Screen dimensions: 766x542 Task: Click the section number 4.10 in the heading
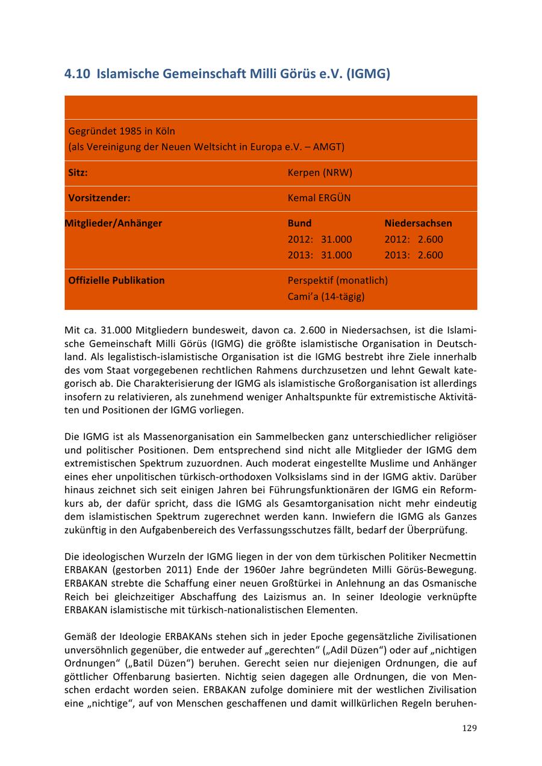[77, 74]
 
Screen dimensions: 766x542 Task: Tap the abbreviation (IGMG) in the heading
[369, 74]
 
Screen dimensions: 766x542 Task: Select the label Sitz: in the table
[78, 173]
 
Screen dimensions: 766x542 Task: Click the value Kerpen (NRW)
[320, 173]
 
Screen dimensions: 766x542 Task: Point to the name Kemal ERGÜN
[319, 198]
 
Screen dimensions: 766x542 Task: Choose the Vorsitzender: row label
[99, 198]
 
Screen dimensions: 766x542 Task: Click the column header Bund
[299, 223]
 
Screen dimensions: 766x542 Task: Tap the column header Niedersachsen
[418, 223]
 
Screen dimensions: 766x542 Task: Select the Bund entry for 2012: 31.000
[320, 239]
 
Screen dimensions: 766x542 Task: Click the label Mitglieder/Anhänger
[113, 223]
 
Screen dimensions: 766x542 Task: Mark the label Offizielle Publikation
[116, 280]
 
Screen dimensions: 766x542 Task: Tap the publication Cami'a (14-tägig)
[326, 297]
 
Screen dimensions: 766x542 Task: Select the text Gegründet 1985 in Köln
[122, 131]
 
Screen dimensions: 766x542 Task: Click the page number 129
[469, 728]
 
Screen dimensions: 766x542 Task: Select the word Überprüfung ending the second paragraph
[440, 530]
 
